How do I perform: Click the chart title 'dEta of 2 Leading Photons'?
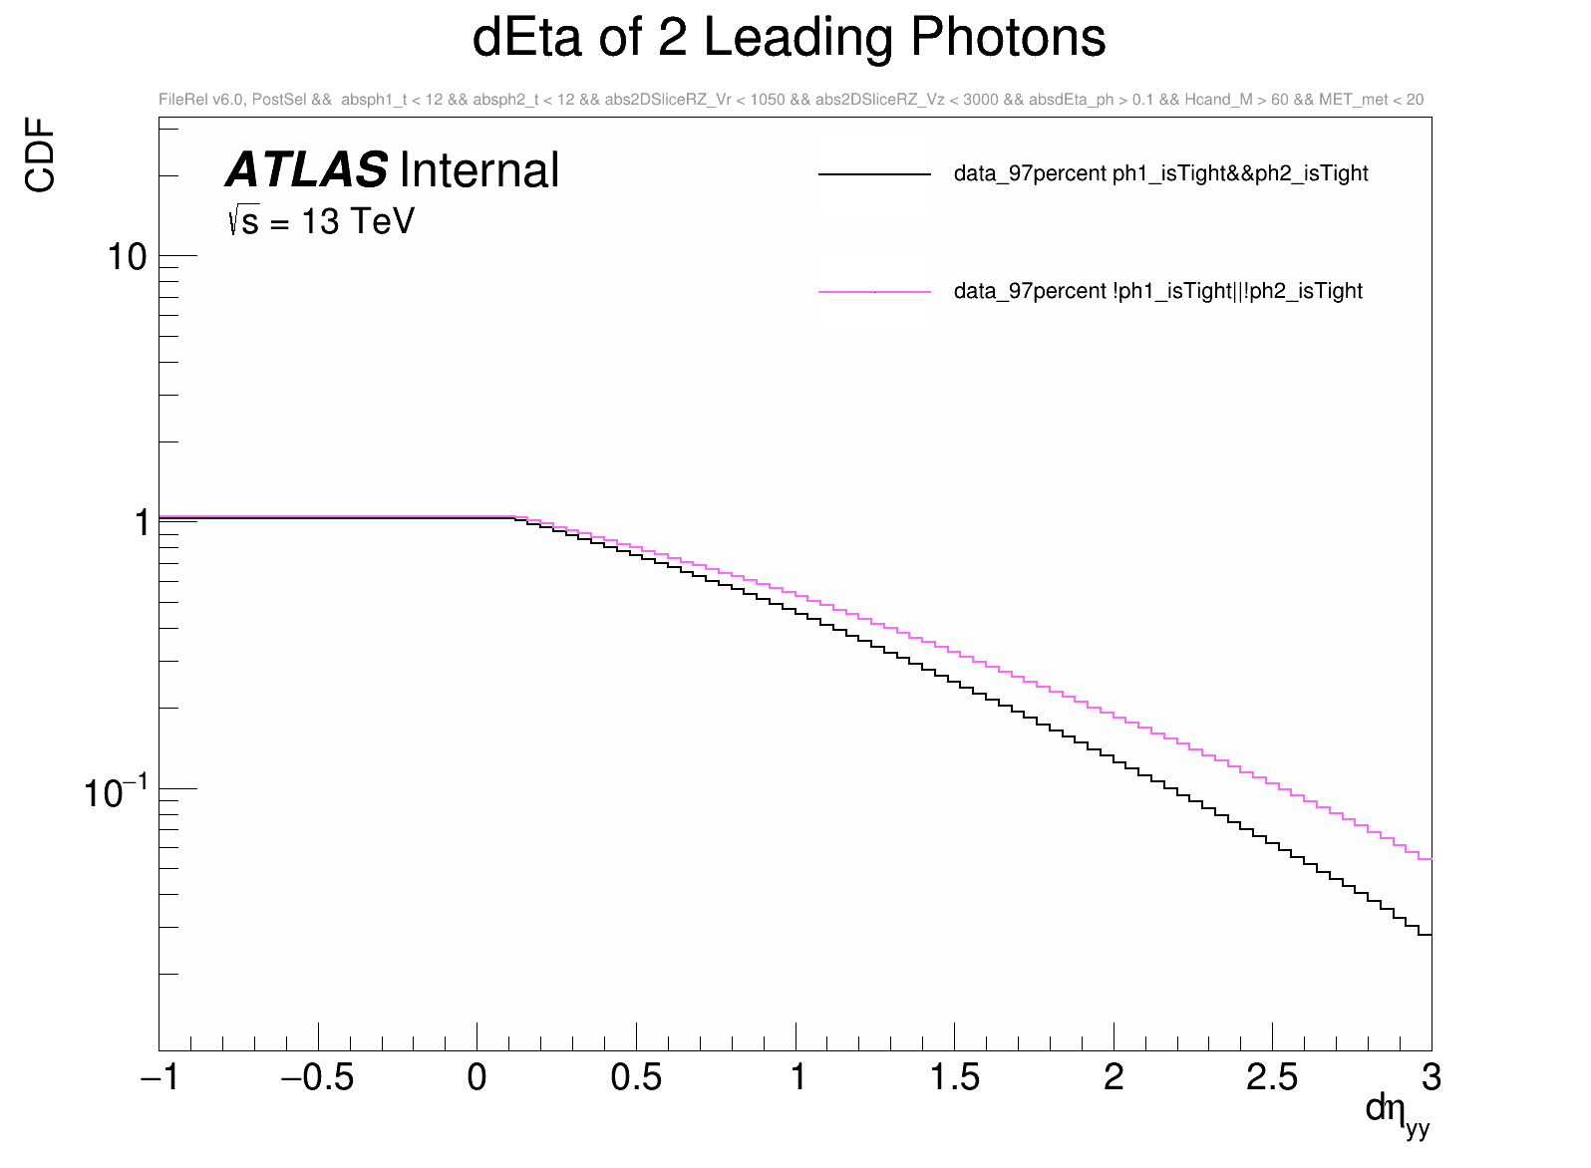(x=789, y=38)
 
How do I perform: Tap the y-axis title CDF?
(x=41, y=154)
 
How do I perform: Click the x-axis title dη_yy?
(x=1397, y=1112)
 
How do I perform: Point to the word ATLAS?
(x=307, y=170)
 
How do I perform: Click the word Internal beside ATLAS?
(x=479, y=170)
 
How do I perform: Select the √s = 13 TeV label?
(x=321, y=221)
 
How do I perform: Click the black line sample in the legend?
(x=874, y=174)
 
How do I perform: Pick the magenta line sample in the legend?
(x=874, y=292)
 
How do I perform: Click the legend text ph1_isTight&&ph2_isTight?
(x=1160, y=173)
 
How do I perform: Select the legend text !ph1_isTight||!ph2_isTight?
(x=1157, y=291)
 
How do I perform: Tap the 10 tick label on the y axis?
(x=127, y=257)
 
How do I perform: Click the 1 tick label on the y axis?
(x=142, y=522)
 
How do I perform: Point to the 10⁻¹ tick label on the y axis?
(x=116, y=793)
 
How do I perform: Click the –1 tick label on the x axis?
(x=159, y=1077)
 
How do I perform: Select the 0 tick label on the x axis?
(x=477, y=1077)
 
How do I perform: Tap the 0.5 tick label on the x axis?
(x=636, y=1077)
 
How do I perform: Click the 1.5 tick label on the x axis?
(x=954, y=1077)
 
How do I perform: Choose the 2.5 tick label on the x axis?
(x=1272, y=1077)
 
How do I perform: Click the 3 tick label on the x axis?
(x=1432, y=1077)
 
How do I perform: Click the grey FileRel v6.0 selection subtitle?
(x=791, y=100)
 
